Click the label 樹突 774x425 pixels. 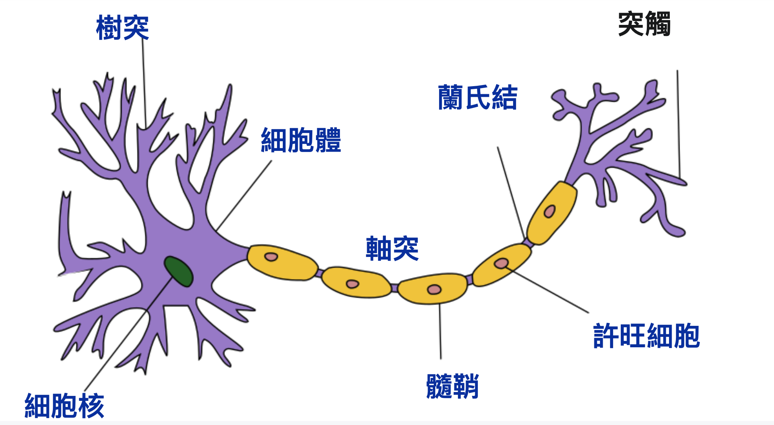point(122,28)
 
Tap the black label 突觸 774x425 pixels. point(644,24)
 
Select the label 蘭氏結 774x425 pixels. point(477,97)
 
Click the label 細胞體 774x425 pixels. point(301,140)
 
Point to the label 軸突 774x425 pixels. point(392,248)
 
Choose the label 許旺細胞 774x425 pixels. point(646,336)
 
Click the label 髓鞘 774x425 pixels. point(452,386)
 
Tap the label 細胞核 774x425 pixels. point(64,405)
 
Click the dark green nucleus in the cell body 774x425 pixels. point(178,271)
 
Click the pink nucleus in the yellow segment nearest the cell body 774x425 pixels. point(271,257)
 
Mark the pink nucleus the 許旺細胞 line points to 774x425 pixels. point(501,263)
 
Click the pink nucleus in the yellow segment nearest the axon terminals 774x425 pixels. point(549,211)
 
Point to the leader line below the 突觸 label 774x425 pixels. point(678,123)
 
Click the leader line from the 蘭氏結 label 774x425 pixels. point(511,191)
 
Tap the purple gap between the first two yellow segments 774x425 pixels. point(319,273)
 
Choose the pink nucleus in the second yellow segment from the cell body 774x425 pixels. point(352,284)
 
